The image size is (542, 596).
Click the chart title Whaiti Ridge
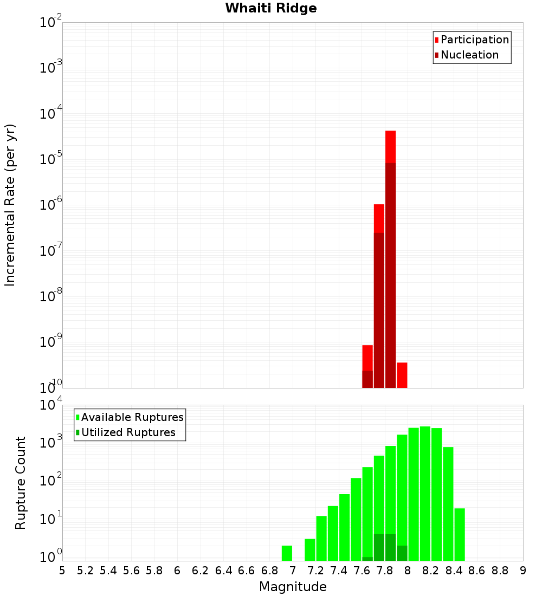[271, 8]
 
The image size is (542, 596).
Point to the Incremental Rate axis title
[10, 205]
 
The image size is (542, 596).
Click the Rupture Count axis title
[21, 483]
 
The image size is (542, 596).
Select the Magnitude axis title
[293, 587]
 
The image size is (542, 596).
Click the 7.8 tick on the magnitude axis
[385, 570]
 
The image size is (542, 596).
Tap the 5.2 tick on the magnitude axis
[85, 570]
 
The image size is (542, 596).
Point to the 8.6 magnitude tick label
[477, 570]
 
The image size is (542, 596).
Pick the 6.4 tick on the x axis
[223, 570]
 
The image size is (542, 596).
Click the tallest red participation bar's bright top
[390, 146]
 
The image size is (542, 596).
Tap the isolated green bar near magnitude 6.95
[287, 553]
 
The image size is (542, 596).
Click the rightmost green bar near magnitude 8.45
[460, 534]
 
